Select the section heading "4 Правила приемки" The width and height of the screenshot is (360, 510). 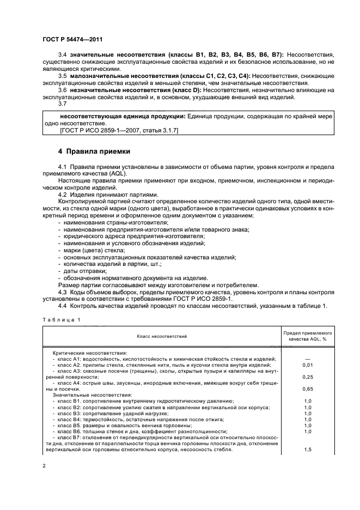(x=94, y=151)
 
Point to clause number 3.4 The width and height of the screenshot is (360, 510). (x=62, y=55)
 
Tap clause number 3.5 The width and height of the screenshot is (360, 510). (x=62, y=76)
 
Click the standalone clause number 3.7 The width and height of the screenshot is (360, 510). (x=62, y=104)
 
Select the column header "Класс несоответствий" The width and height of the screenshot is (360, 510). (x=161, y=336)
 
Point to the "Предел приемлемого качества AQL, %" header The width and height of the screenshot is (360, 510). (x=308, y=336)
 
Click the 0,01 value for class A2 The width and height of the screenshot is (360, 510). (x=308, y=365)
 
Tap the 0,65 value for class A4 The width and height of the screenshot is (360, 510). (x=308, y=390)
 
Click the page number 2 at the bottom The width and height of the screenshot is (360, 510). (x=44, y=467)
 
